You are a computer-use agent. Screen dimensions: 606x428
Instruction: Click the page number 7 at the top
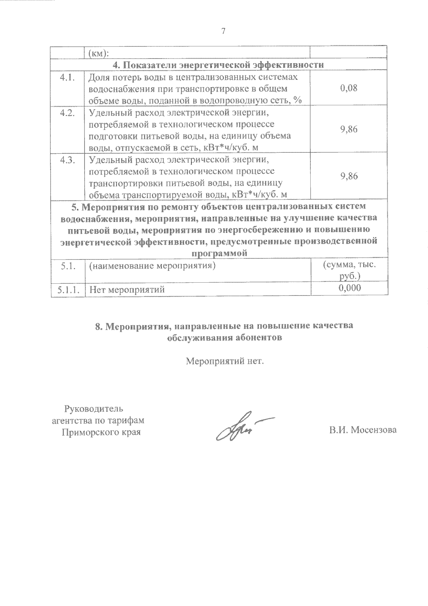223,31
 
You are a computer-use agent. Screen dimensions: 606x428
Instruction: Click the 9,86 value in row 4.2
349,129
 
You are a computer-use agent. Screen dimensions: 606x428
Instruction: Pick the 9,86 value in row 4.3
349,176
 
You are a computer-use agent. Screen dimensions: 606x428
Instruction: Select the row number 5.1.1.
67,289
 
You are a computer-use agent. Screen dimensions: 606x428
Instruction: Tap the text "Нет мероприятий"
127,289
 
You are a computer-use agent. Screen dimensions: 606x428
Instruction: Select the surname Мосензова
373,430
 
